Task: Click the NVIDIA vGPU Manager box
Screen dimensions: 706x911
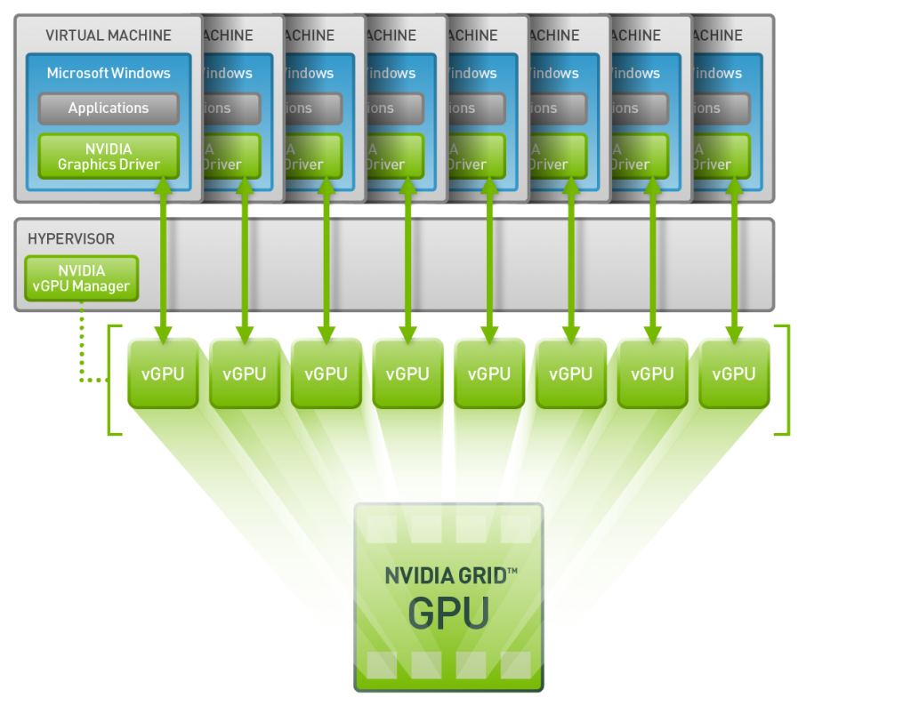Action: tap(82, 278)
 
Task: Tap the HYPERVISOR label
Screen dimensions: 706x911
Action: tap(71, 239)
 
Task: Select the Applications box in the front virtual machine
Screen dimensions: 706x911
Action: tap(109, 108)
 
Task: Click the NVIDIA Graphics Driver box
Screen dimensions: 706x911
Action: tap(109, 156)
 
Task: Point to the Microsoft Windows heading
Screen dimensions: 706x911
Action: tap(109, 73)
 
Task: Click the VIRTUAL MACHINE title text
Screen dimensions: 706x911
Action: tap(109, 36)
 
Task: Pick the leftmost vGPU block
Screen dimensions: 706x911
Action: tap(163, 373)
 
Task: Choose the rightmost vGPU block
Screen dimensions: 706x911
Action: tap(734, 373)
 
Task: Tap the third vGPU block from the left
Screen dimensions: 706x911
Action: tap(326, 373)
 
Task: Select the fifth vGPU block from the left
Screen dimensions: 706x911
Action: tap(489, 373)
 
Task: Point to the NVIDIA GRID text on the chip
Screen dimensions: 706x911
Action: tap(445, 574)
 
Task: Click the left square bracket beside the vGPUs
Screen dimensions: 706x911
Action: tap(111, 381)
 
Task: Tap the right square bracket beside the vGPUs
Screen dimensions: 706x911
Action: tap(786, 381)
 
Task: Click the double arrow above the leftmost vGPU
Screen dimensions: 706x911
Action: tap(163, 258)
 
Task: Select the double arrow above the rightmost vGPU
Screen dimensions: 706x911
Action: tap(734, 258)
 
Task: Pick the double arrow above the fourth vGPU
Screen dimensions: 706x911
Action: tap(407, 258)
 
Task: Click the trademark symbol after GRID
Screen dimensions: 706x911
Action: tap(512, 566)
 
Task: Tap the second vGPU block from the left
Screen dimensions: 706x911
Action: tap(244, 373)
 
